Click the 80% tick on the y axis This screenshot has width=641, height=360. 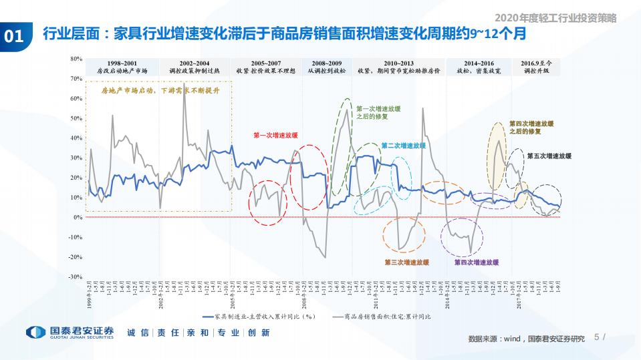[75, 59]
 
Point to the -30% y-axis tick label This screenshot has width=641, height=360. [74, 277]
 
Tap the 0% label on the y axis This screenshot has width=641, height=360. [77, 217]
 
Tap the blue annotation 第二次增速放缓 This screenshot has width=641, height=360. [403, 145]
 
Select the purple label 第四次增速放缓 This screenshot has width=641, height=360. [477, 262]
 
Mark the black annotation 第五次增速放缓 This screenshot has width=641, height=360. [549, 156]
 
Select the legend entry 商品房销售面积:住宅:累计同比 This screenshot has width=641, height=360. [387, 317]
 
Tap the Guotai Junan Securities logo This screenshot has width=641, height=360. [70, 333]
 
